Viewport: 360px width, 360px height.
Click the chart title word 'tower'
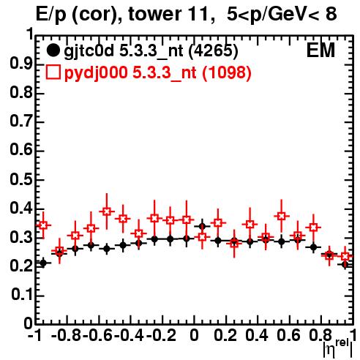[x=154, y=14]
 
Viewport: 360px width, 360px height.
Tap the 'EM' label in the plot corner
[x=320, y=50]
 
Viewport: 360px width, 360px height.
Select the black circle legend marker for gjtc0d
[x=53, y=50]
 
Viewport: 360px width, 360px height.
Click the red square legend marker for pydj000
[x=53, y=72]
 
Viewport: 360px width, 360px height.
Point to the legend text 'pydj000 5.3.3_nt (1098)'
[x=158, y=72]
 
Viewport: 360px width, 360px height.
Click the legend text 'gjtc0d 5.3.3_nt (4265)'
[x=151, y=51]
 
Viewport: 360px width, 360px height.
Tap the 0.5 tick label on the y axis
[x=21, y=179]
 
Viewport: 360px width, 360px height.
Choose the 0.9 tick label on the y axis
[x=21, y=64]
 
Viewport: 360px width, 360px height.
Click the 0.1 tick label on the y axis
[x=21, y=295]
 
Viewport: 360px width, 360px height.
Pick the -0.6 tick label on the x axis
[x=97, y=335]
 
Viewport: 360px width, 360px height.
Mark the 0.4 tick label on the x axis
[x=257, y=335]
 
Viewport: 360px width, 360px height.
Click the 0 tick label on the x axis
[x=194, y=335]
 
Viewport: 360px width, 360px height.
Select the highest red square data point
[x=106, y=211]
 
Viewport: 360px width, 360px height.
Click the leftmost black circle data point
[x=43, y=263]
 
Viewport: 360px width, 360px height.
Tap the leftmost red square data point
[x=43, y=225]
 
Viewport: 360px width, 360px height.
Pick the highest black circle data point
[x=202, y=227]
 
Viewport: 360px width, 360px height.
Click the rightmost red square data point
[x=345, y=256]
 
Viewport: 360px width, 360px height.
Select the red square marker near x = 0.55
[x=282, y=216]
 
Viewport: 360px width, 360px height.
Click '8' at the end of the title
[x=331, y=14]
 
